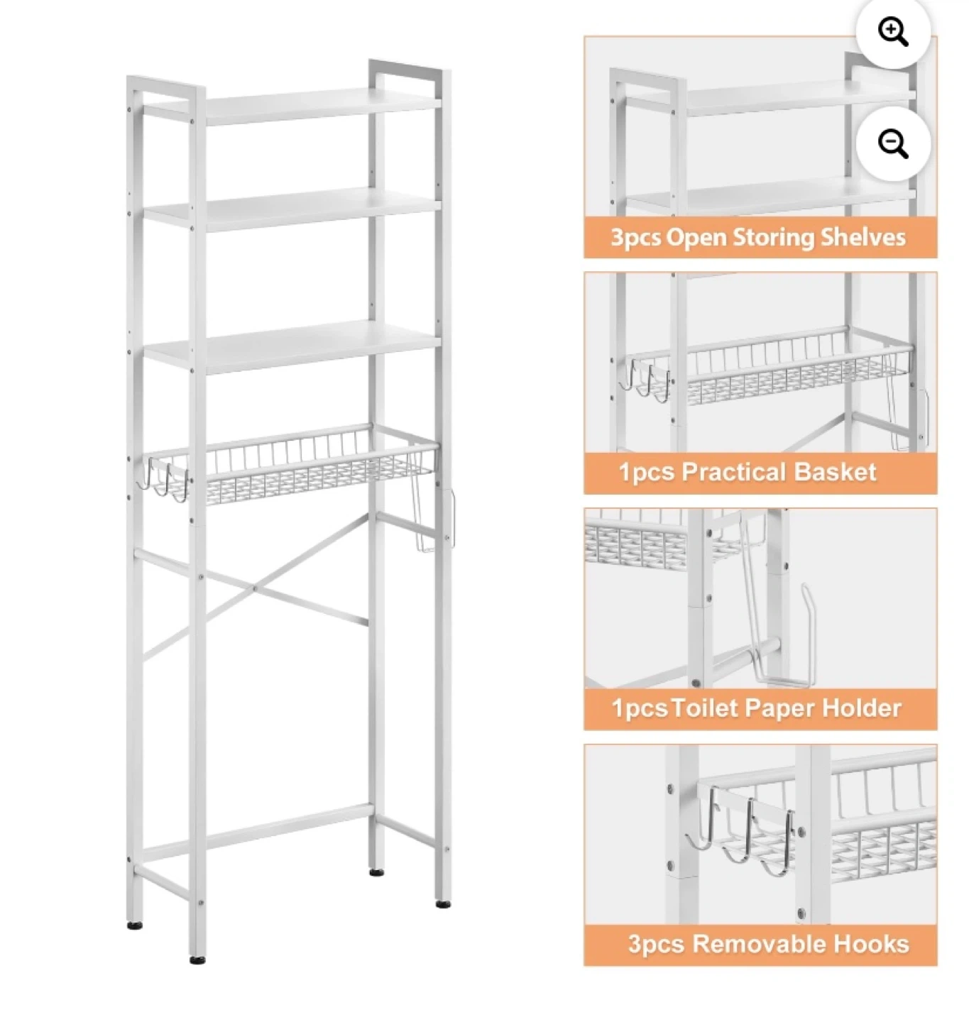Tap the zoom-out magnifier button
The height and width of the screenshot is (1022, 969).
[x=892, y=144]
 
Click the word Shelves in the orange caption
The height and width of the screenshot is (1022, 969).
[x=863, y=238]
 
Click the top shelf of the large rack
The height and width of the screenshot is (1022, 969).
[x=292, y=106]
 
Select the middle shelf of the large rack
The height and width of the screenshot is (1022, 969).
[x=292, y=209]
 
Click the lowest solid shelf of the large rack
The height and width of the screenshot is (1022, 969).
[x=292, y=347]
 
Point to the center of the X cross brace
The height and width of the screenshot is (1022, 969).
[x=254, y=588]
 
